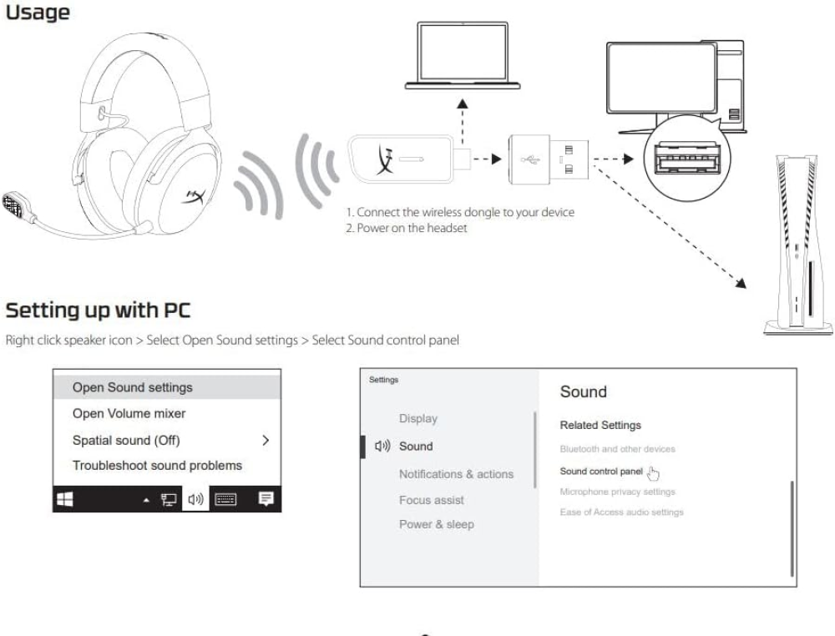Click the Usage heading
[x=38, y=13]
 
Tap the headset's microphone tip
[x=13, y=205]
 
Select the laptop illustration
[x=463, y=55]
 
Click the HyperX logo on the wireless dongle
[x=385, y=159]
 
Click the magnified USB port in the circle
[x=687, y=158]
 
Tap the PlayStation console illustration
[x=797, y=245]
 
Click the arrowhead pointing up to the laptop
[x=463, y=103]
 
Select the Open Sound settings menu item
[x=133, y=387]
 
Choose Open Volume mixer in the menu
[x=129, y=413]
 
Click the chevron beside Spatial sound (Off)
[x=266, y=440]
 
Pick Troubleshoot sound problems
[x=157, y=466]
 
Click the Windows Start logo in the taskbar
[x=65, y=499]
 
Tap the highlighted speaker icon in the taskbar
[x=195, y=499]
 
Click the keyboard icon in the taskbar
[x=225, y=499]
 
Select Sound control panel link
[x=601, y=472]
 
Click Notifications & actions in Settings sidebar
[x=457, y=474]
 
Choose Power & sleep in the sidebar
[x=437, y=524]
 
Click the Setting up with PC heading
[x=98, y=310]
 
